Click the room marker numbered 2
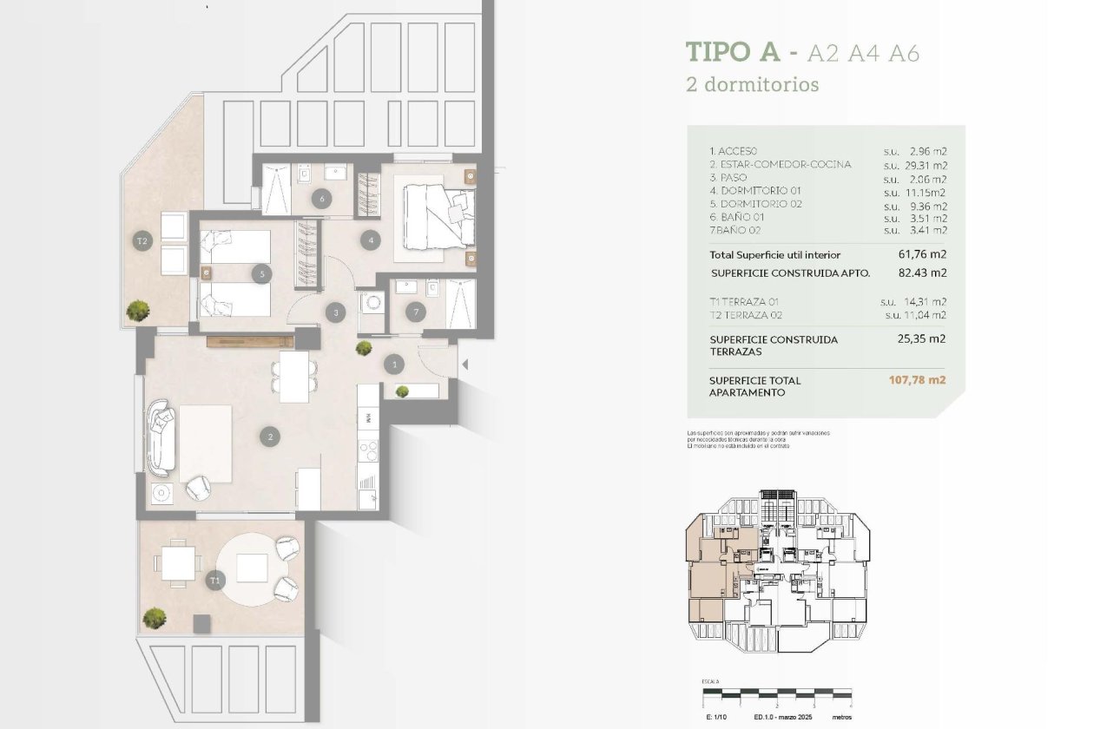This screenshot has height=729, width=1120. (271, 437)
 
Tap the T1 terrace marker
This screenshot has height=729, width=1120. (214, 579)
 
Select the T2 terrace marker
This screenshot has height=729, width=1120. (142, 241)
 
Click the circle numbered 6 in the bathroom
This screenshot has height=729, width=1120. (322, 199)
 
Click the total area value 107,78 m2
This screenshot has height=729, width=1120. (917, 380)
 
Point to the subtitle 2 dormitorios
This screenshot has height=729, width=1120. (752, 85)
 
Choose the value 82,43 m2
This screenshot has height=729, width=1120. (921, 273)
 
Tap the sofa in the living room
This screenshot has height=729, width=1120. (162, 437)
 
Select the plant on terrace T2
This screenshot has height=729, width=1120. (137, 309)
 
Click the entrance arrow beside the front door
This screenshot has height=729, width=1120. (464, 365)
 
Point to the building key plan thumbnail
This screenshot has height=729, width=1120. (778, 568)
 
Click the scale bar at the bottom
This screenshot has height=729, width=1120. (777, 694)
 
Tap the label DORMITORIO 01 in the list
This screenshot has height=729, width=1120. (755, 191)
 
